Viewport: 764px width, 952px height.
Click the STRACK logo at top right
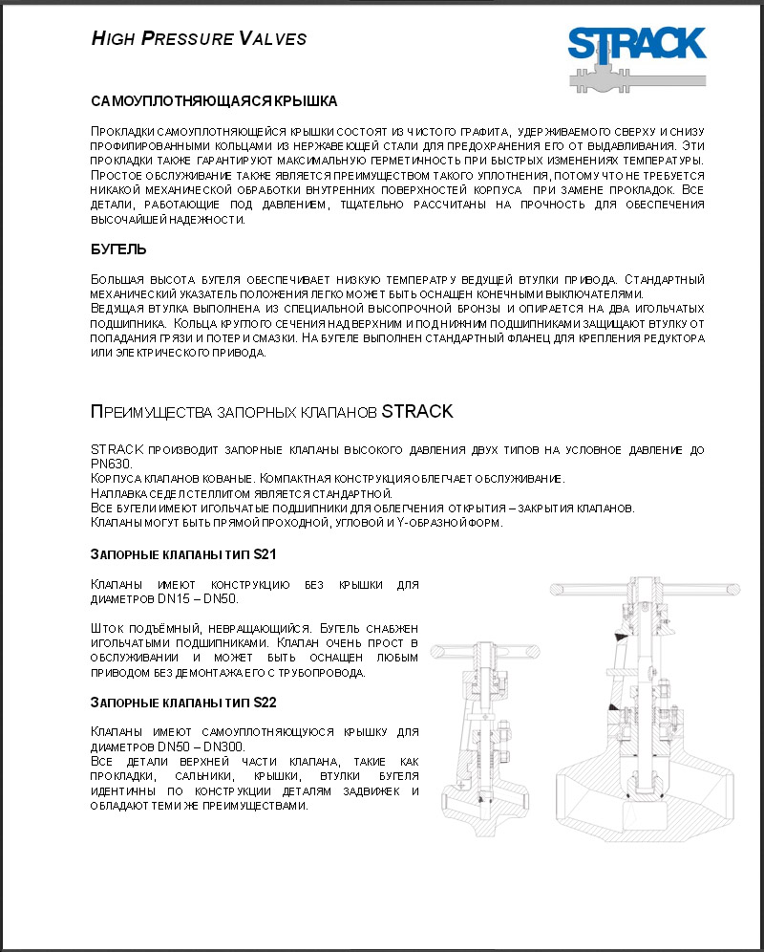[x=636, y=56]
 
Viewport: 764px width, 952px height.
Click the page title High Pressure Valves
[x=199, y=39]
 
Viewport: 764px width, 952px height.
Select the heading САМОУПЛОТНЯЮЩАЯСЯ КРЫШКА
[x=214, y=100]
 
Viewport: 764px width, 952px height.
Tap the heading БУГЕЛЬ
[x=118, y=249]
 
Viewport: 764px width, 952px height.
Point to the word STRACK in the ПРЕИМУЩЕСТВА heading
[x=417, y=412]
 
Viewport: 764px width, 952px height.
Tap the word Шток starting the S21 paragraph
[x=105, y=628]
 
